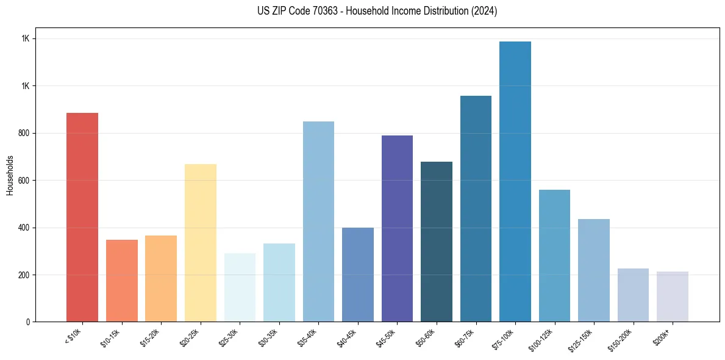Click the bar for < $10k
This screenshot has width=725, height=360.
(x=82, y=217)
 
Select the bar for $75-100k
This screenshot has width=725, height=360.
(x=515, y=182)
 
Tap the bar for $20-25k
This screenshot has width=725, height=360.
(x=201, y=243)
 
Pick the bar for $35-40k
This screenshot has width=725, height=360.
(x=318, y=221)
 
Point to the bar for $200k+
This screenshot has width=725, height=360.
(x=673, y=297)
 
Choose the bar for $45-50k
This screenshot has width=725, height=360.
(x=397, y=229)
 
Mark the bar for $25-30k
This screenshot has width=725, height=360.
(x=240, y=287)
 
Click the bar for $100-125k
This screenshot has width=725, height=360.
(x=554, y=256)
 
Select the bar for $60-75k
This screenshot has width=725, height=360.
(x=476, y=209)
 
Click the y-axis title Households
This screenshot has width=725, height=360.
(x=10, y=175)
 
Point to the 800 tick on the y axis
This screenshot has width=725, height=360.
(x=24, y=133)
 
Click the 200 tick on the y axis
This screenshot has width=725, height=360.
(x=24, y=275)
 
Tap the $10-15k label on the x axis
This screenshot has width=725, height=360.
(x=111, y=337)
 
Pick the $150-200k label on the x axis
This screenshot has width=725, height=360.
(x=620, y=339)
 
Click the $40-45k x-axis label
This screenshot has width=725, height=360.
(x=347, y=337)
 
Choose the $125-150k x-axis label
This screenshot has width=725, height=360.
(x=581, y=339)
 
